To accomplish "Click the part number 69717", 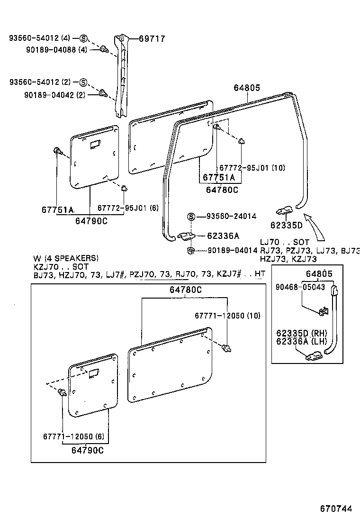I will pyautogui.click(x=152, y=39).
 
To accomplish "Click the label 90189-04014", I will pyautogui.click(x=232, y=250).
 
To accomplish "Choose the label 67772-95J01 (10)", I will pyautogui.click(x=252, y=168).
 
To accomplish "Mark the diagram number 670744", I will pyautogui.click(x=336, y=509).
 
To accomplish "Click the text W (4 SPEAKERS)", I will pyautogui.click(x=66, y=258).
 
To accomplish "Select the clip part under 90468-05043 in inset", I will pyautogui.click(x=324, y=311).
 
